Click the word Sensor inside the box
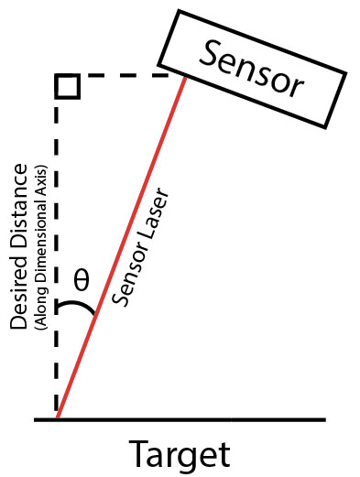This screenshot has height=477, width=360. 251,70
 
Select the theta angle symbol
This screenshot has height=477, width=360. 82,279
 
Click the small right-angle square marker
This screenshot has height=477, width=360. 68,86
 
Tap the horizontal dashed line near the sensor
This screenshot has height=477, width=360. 125,75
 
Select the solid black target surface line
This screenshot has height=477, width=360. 180,420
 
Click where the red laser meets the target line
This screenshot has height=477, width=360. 58,418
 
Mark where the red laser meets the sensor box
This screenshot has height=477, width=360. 185,78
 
